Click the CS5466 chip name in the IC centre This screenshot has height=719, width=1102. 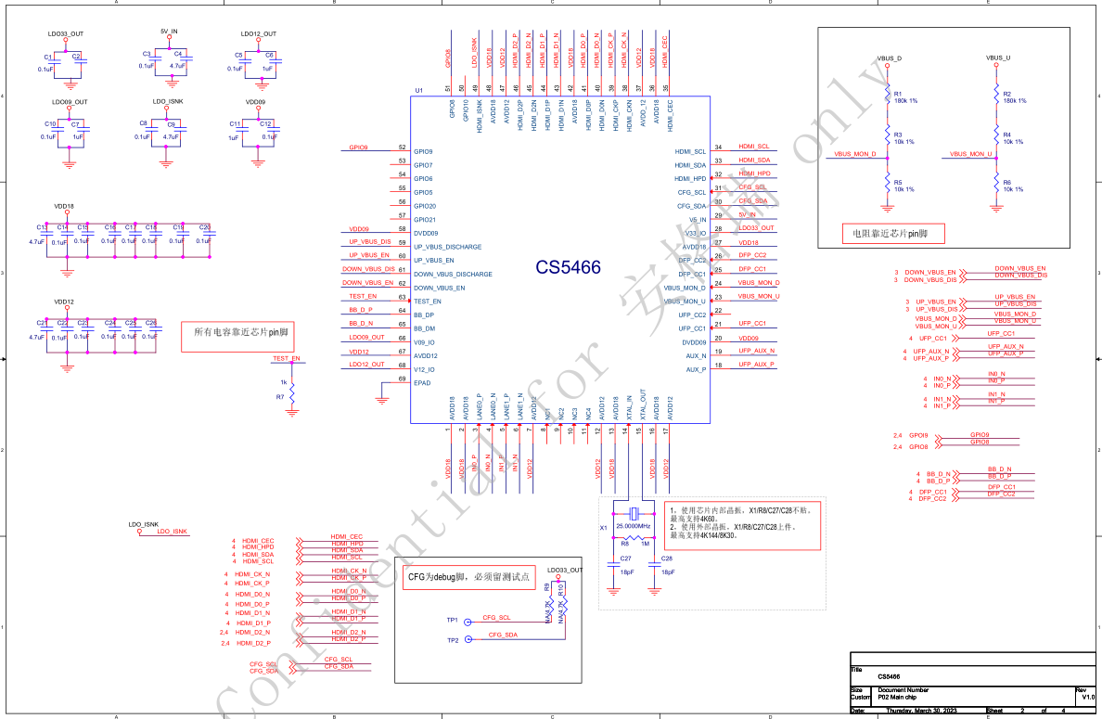[x=568, y=268]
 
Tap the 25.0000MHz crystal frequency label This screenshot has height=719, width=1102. [x=634, y=526]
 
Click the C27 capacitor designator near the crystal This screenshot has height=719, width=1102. [x=625, y=559]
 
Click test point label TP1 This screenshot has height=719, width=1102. [x=453, y=619]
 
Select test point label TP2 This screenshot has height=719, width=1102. [x=453, y=640]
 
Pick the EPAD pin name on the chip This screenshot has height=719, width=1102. [x=423, y=383]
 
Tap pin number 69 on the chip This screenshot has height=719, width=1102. [x=402, y=379]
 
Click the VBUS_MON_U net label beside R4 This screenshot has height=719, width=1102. [x=971, y=154]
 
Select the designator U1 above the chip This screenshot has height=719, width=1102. [x=419, y=91]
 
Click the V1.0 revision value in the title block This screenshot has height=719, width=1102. [x=1088, y=699]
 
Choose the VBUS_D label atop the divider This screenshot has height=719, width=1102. [x=890, y=58]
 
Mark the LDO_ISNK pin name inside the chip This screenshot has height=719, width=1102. [x=480, y=113]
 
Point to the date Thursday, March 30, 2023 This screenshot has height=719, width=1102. [x=922, y=712]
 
